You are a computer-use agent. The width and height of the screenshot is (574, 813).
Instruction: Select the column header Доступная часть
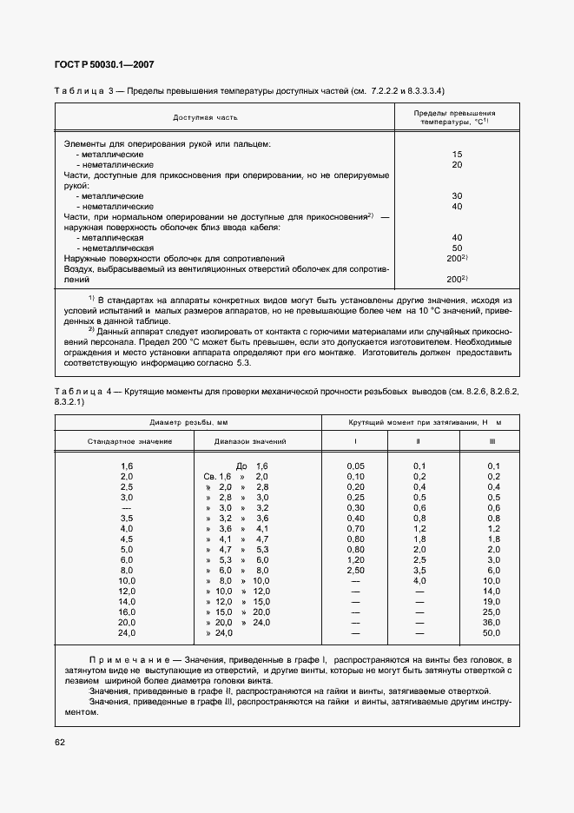click(205, 116)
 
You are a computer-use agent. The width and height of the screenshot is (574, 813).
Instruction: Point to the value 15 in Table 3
click(457, 154)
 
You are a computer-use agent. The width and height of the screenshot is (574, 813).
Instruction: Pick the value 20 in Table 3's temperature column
click(457, 164)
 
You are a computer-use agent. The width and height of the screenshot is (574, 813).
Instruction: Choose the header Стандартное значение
click(129, 441)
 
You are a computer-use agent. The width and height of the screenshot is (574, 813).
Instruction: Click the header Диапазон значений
click(250, 441)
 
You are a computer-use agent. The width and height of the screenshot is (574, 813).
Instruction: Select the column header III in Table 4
click(492, 441)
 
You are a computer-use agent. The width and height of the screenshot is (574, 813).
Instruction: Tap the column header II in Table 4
click(419, 441)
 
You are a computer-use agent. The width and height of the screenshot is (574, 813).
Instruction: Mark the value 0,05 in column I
click(355, 466)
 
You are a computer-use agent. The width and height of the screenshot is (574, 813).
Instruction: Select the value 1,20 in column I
click(355, 560)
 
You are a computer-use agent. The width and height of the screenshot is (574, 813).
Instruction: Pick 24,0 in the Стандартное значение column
click(127, 633)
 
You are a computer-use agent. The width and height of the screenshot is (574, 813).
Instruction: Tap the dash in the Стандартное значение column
click(127, 508)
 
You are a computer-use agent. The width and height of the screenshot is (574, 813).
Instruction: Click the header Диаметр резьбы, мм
click(188, 421)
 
